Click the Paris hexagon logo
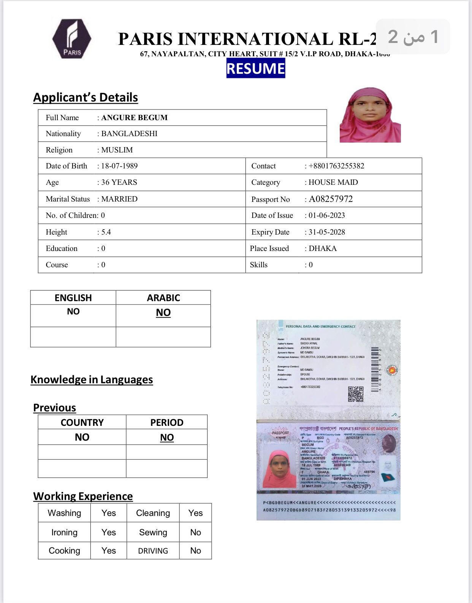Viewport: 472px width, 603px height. [x=72, y=39]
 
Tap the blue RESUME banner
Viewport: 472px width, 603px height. [x=255, y=68]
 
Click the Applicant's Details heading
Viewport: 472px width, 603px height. [x=86, y=97]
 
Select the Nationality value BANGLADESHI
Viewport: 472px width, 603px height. [x=129, y=133]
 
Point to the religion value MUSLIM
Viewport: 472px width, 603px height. [x=117, y=150]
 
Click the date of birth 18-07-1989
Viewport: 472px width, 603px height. [x=119, y=166]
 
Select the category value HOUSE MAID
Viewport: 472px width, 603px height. [x=333, y=182]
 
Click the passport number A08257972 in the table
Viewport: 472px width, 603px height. [x=331, y=199]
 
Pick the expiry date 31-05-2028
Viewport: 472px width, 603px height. [x=327, y=232]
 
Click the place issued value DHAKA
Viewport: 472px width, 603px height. [x=323, y=248]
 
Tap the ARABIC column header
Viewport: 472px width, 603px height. [x=163, y=298]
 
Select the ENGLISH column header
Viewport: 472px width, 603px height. [x=73, y=298]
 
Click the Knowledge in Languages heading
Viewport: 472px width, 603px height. [x=92, y=379]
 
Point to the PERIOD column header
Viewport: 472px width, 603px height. [x=167, y=422]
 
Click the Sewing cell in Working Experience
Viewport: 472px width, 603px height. [x=153, y=532]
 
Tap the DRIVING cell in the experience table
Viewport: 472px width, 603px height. [x=153, y=551]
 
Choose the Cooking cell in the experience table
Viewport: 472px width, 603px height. [x=64, y=551]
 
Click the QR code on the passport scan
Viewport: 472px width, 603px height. [x=356, y=394]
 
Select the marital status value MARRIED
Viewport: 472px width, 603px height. [x=119, y=199]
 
